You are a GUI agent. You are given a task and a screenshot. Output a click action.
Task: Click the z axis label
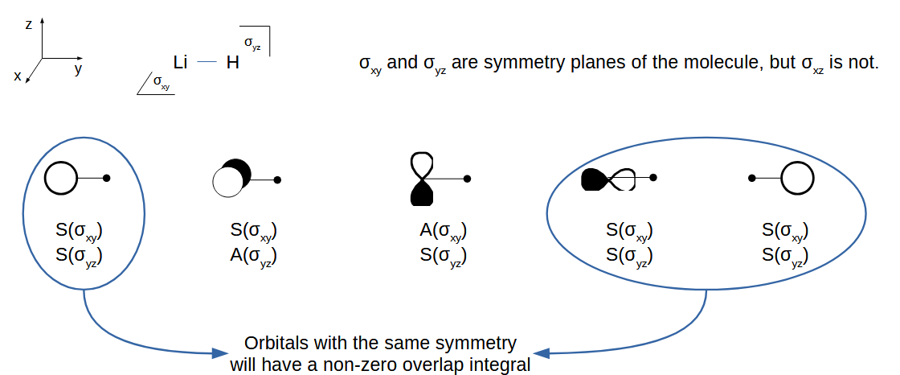(x=28, y=25)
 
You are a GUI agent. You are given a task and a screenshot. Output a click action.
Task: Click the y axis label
(x=78, y=69)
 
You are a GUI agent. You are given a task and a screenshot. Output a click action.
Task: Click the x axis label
(x=17, y=76)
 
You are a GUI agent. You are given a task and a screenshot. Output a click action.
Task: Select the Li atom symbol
(x=180, y=61)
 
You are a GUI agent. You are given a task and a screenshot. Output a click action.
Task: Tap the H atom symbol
(x=232, y=62)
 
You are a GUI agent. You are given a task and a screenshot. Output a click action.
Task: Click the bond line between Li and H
(x=207, y=62)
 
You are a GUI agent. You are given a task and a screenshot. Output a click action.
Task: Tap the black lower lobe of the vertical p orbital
(x=422, y=192)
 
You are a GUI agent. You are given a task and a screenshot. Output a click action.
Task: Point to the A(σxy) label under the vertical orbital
(x=443, y=231)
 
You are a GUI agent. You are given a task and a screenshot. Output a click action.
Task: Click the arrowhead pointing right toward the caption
(x=219, y=352)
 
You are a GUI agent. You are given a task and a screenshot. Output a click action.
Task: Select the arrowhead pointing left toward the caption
(x=543, y=352)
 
